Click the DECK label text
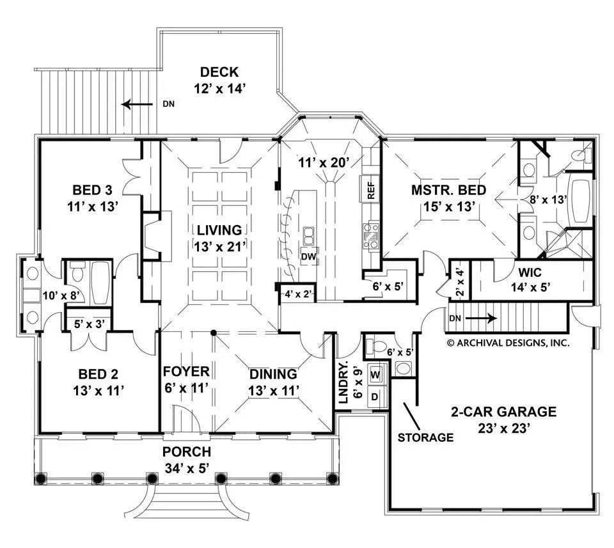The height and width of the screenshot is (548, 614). [219, 71]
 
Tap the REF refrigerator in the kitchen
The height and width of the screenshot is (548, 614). [371, 190]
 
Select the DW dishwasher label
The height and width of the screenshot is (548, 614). [310, 256]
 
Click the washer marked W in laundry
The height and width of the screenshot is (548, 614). [375, 373]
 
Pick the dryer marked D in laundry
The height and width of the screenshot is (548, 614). [375, 396]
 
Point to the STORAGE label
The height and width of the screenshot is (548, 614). [425, 438]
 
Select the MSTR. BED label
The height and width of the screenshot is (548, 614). [448, 190]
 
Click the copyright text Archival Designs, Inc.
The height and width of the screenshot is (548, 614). [508, 343]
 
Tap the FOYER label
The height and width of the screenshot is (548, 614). [186, 372]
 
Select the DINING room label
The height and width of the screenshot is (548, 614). [273, 374]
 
